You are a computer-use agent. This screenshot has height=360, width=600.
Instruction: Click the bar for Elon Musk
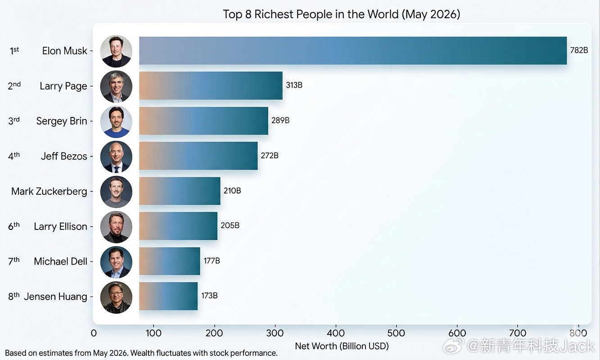pyautogui.click(x=353, y=50)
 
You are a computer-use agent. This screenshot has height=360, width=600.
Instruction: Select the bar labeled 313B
pyautogui.click(x=211, y=85)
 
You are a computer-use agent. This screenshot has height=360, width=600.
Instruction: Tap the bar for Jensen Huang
pyautogui.click(x=168, y=296)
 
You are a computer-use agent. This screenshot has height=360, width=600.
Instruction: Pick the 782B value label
pyautogui.click(x=579, y=50)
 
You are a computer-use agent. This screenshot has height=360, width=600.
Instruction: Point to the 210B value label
pyautogui.click(x=232, y=190)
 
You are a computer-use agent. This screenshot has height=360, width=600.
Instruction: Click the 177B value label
pyautogui.click(x=212, y=261)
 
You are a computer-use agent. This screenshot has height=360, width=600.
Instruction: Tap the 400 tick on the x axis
pyautogui.click(x=336, y=333)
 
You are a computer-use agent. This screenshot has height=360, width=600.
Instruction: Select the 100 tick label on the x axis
pyautogui.click(x=153, y=333)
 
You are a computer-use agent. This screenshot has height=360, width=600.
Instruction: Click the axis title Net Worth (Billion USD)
pyautogui.click(x=342, y=346)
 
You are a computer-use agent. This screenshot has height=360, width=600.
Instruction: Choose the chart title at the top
pyautogui.click(x=342, y=14)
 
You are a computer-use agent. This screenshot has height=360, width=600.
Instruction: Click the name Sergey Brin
pyautogui.click(x=62, y=121)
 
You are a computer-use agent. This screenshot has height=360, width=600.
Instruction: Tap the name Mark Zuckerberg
pyautogui.click(x=49, y=191)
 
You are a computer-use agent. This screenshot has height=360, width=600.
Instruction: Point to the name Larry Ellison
pyautogui.click(x=60, y=226)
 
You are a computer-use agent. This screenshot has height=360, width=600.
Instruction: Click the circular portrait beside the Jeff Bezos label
pyautogui.click(x=116, y=157)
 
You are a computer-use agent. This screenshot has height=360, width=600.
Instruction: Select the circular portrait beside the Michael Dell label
pyautogui.click(x=116, y=262)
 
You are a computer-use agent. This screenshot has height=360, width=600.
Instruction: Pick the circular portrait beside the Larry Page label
pyautogui.click(x=116, y=86)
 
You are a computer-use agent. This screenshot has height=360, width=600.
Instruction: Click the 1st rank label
pyautogui.click(x=14, y=50)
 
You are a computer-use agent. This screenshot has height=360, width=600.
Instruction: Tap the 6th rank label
pyautogui.click(x=14, y=226)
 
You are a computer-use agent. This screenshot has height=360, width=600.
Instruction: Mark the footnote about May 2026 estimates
pyautogui.click(x=141, y=353)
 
